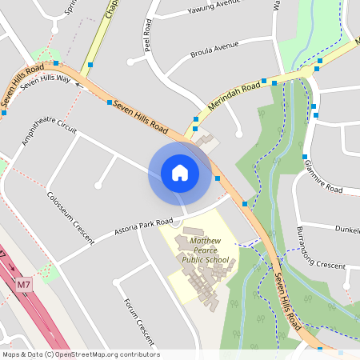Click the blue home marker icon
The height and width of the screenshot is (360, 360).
click(180, 172)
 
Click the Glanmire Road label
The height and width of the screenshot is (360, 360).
click(322, 177)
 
